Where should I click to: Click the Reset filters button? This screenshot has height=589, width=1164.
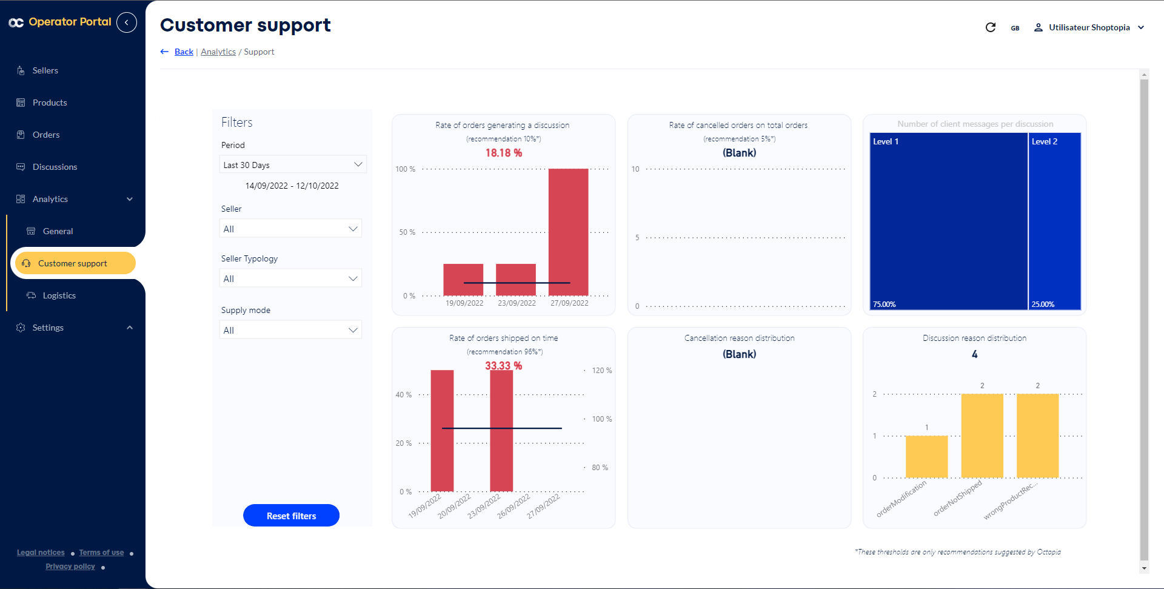(x=291, y=516)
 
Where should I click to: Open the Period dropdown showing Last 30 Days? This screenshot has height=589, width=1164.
(x=292, y=165)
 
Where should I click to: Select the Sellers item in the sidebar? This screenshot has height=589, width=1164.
(x=45, y=70)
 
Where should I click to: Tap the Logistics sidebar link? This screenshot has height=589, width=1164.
(x=59, y=295)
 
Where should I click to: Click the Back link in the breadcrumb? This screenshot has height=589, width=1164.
(x=184, y=52)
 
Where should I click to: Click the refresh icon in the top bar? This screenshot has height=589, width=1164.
(x=991, y=27)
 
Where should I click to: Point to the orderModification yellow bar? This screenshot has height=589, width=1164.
(x=926, y=456)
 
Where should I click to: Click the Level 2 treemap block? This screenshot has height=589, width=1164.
(x=1055, y=221)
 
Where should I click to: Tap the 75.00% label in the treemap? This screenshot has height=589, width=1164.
(x=885, y=305)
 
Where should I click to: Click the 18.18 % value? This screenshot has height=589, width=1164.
(x=503, y=153)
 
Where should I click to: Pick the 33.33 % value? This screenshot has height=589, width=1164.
(x=503, y=366)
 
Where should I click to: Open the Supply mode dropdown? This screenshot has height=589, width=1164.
(x=290, y=330)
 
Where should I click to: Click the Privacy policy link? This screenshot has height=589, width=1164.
(x=70, y=567)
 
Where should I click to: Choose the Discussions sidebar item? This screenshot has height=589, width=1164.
(x=55, y=167)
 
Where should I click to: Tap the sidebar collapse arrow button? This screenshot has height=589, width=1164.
(x=127, y=22)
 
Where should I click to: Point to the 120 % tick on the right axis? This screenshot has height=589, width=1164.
(x=601, y=371)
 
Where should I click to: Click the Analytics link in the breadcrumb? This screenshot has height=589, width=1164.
(x=218, y=52)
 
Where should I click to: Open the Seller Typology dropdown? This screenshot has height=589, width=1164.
(x=290, y=278)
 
